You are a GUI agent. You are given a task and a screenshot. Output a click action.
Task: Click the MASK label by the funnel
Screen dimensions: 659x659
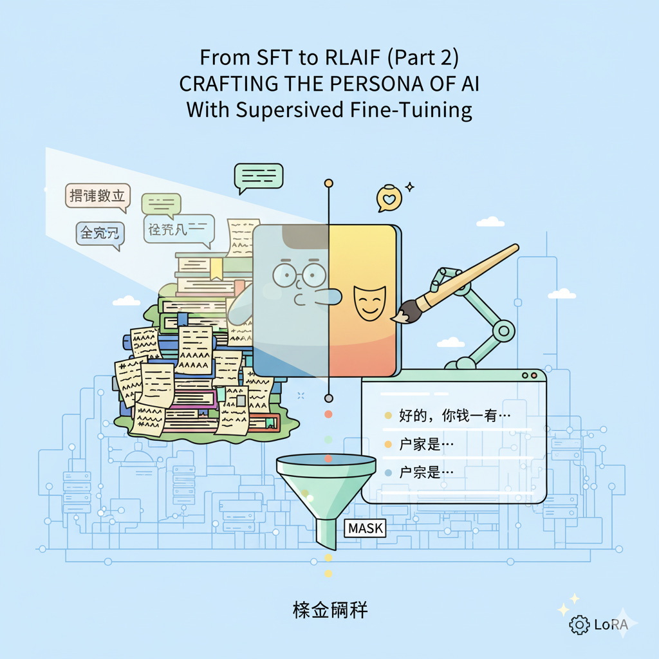point(365,529)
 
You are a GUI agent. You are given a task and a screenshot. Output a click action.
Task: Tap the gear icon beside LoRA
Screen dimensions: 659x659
point(579,624)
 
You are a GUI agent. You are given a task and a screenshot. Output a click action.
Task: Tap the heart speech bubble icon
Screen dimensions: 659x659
point(388,199)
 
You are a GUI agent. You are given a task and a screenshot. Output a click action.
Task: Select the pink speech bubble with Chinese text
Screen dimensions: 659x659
point(98,196)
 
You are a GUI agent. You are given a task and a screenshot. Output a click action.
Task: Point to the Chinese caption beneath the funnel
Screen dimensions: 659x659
point(329,610)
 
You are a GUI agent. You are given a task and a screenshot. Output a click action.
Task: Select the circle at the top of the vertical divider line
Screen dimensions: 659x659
point(329,184)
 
